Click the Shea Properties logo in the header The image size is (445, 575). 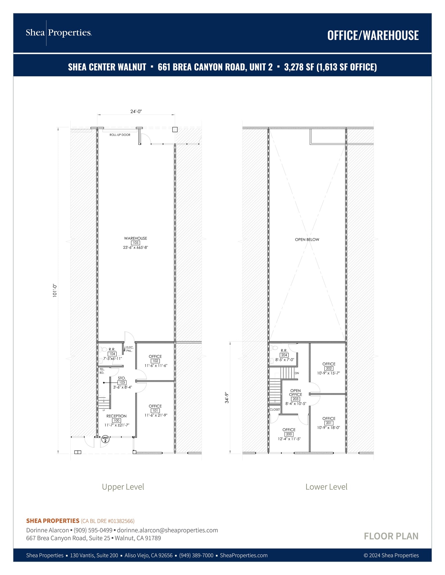(x=59, y=33)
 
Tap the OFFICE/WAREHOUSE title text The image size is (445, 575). (x=373, y=35)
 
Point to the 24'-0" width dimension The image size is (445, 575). (x=136, y=111)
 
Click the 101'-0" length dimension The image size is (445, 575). (x=55, y=291)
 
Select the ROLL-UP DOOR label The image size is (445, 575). (x=120, y=135)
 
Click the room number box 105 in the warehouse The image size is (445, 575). (x=135, y=243)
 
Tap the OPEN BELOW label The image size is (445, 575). (x=307, y=239)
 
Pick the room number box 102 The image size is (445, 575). (x=155, y=361)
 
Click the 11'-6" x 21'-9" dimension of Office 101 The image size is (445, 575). (x=156, y=415)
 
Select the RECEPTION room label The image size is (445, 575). (x=116, y=416)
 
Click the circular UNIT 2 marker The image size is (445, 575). (x=105, y=439)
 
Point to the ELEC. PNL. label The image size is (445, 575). (x=130, y=349)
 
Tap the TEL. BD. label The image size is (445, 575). (x=102, y=371)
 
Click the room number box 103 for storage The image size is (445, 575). (x=122, y=383)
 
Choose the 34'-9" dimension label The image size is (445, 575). (x=227, y=398)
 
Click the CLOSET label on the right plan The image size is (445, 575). (x=275, y=410)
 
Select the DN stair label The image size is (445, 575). (x=297, y=373)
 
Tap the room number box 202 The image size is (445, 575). (x=329, y=369)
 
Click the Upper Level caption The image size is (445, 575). (x=123, y=487)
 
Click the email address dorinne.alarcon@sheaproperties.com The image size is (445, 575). (x=168, y=530)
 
